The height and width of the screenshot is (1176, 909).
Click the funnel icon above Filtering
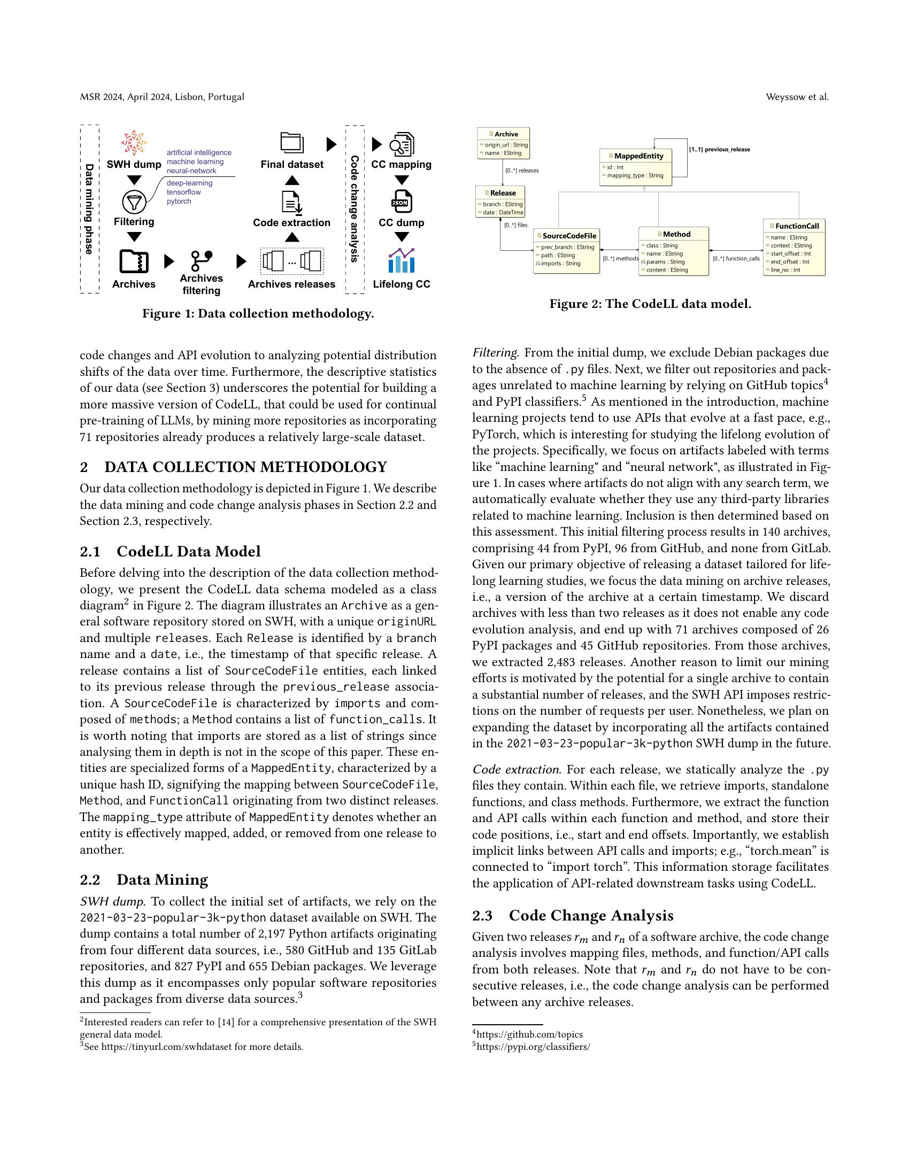click(x=134, y=202)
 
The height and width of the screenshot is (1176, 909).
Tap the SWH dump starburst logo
click(x=134, y=143)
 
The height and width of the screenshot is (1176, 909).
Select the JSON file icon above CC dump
click(x=401, y=202)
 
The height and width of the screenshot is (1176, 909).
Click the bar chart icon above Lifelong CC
click(x=401, y=261)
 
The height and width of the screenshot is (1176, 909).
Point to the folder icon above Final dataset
click(x=292, y=143)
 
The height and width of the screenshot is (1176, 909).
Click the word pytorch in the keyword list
click(x=179, y=202)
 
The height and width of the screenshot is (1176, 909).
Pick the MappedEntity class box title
click(x=638, y=156)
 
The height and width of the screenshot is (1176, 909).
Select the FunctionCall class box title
click(x=797, y=226)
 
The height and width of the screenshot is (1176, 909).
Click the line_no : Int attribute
click(x=785, y=270)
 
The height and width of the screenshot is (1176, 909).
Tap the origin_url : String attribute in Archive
click(x=506, y=145)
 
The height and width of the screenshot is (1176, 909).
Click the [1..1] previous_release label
click(x=719, y=149)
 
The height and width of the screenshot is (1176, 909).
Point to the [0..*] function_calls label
click(x=736, y=259)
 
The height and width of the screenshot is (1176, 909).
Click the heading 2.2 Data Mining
click(x=144, y=880)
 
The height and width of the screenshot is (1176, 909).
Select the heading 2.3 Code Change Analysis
click(x=573, y=915)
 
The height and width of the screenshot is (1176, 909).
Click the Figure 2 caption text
click(x=650, y=304)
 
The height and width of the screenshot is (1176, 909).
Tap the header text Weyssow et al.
click(x=797, y=97)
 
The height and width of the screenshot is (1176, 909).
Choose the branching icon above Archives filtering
click(x=202, y=261)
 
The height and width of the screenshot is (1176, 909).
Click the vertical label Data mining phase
click(x=89, y=209)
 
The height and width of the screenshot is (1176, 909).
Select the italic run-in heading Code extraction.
click(x=517, y=769)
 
